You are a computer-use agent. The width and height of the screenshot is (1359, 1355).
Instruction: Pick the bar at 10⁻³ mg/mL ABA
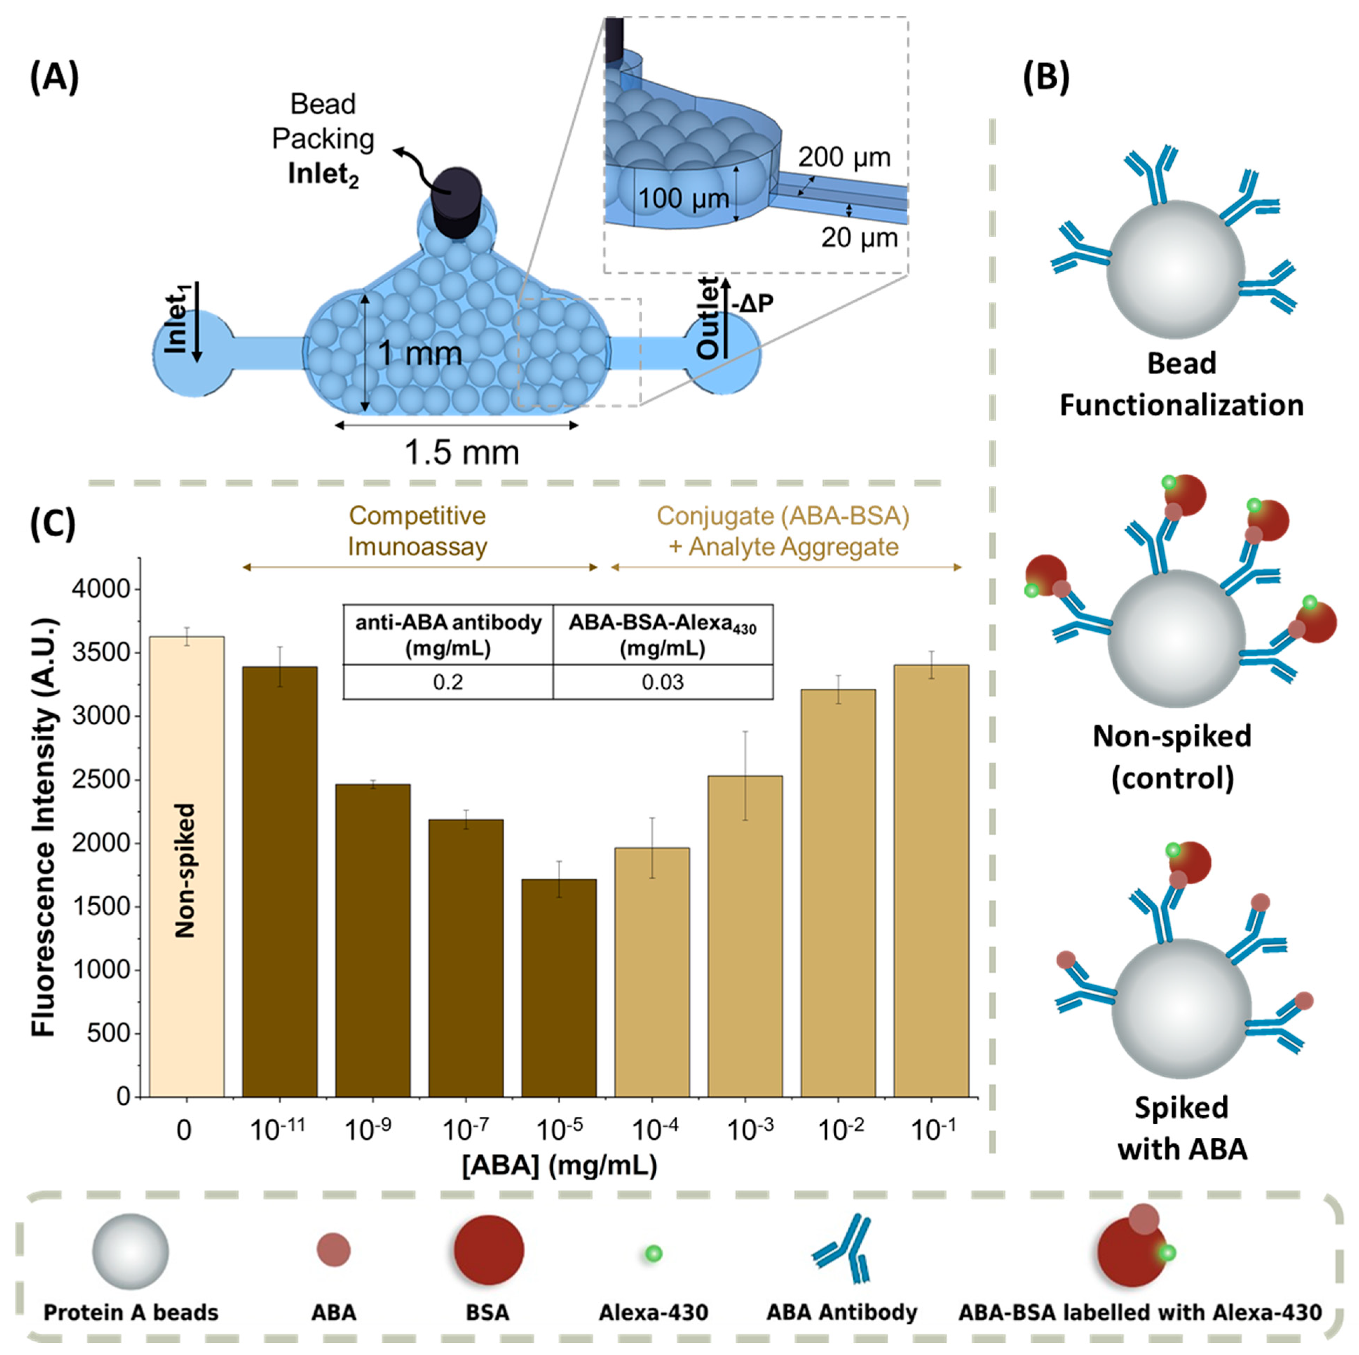tap(745, 936)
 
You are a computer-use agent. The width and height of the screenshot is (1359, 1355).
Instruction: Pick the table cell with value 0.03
tap(663, 682)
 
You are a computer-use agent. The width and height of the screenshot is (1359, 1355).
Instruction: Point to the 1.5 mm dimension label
tap(462, 452)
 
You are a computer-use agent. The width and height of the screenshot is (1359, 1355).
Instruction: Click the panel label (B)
tap(1046, 77)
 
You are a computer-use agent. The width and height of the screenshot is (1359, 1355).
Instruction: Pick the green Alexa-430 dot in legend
tap(654, 1253)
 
